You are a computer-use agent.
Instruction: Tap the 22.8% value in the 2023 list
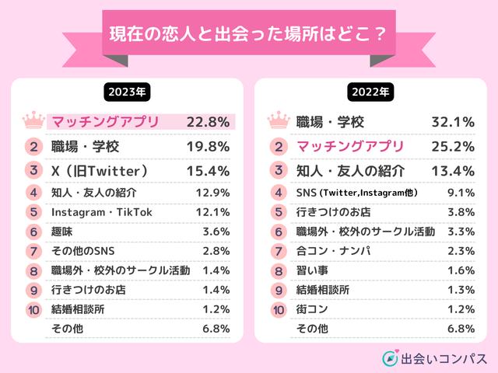tap(208, 122)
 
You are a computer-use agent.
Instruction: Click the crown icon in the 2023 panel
tap(33, 121)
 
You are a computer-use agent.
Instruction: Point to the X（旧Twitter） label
tap(99, 169)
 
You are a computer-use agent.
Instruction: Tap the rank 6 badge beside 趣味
tap(33, 232)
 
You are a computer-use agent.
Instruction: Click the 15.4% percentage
tap(208, 169)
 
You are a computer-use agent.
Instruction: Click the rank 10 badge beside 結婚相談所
tap(33, 309)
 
